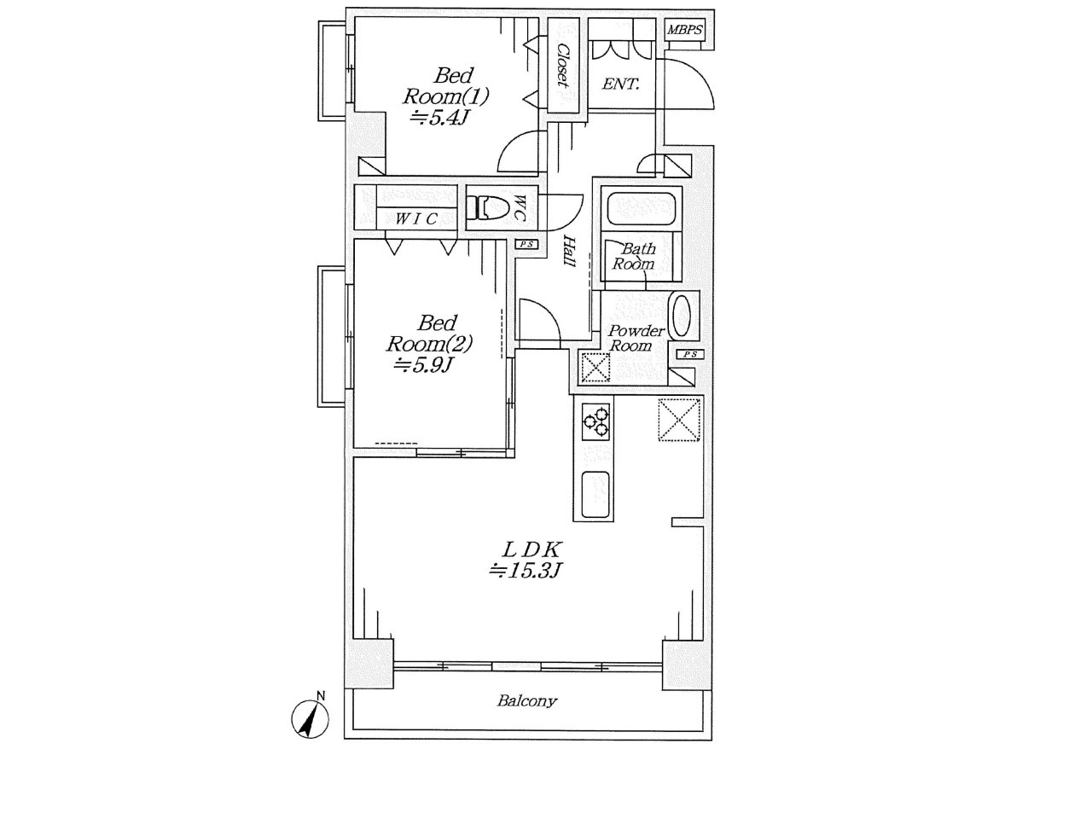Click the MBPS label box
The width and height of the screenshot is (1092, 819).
point(684,30)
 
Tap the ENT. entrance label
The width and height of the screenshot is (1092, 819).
point(621,84)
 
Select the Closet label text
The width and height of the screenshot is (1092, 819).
point(564,66)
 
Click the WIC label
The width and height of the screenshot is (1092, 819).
point(417,218)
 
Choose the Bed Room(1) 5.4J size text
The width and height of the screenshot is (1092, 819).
point(439,119)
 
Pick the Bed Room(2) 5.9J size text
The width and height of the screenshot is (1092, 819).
point(423,365)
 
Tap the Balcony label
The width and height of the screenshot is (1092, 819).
point(527,701)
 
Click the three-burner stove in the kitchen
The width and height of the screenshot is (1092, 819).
point(595,421)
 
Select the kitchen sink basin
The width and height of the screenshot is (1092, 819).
point(595,495)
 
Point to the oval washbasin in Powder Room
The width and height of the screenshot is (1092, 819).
point(681,316)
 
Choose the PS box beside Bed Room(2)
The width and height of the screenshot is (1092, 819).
point(527,244)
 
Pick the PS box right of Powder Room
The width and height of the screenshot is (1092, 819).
point(690,354)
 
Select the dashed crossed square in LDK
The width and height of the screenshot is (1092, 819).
point(680,419)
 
